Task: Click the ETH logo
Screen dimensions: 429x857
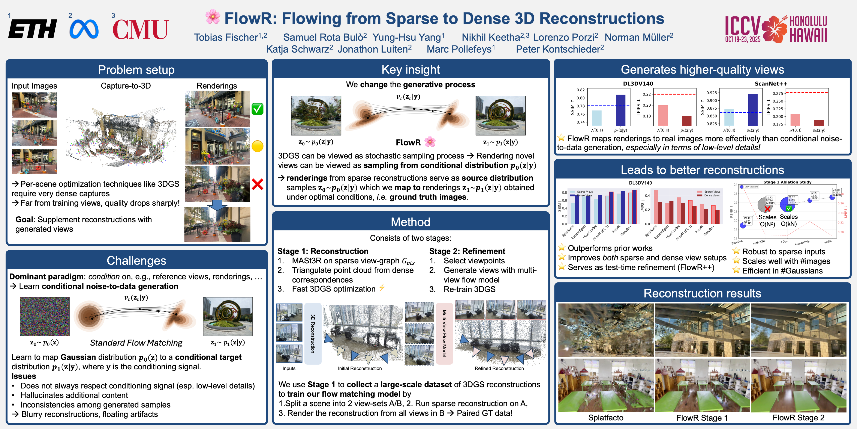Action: click(32, 29)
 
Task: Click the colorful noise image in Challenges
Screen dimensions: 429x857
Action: click(45, 316)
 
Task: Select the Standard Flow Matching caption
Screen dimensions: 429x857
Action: click(136, 343)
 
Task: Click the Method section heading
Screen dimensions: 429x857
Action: click(410, 222)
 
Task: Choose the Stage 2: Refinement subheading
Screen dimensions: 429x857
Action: click(467, 251)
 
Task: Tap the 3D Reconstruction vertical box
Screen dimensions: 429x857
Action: click(313, 333)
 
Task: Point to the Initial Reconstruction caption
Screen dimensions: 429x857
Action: click(360, 368)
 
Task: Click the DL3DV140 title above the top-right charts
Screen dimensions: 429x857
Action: click(638, 84)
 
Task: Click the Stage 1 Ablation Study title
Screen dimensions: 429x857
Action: click(787, 182)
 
